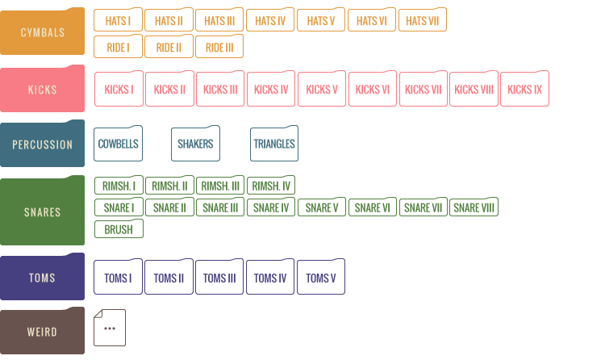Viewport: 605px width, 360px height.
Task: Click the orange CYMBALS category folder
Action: (42, 31)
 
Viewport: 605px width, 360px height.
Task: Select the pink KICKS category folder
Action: (42, 89)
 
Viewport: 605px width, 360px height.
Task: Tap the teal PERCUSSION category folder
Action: (42, 144)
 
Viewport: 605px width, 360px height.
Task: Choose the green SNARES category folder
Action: (42, 211)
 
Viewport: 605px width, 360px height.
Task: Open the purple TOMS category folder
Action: (42, 277)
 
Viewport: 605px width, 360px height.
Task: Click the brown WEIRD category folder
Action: (42, 331)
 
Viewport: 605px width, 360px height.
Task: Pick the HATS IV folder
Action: (270, 19)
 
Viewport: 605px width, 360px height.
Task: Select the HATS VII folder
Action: (423, 19)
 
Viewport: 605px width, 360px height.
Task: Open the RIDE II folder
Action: (169, 46)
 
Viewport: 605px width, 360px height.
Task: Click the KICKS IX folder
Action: (525, 89)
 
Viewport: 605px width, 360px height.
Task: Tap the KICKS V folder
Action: (322, 89)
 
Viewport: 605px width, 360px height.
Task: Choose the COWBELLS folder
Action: (118, 144)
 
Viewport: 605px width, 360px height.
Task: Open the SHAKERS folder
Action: (196, 144)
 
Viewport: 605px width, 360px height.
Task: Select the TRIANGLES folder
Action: (274, 144)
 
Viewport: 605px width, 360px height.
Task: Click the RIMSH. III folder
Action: (220, 185)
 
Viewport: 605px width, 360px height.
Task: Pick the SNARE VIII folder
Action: (474, 207)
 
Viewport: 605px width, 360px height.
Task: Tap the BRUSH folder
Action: (119, 228)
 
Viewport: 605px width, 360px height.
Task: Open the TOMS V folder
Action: (321, 277)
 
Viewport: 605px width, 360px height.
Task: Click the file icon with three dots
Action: (110, 328)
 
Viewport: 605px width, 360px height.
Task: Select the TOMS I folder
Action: (118, 277)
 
